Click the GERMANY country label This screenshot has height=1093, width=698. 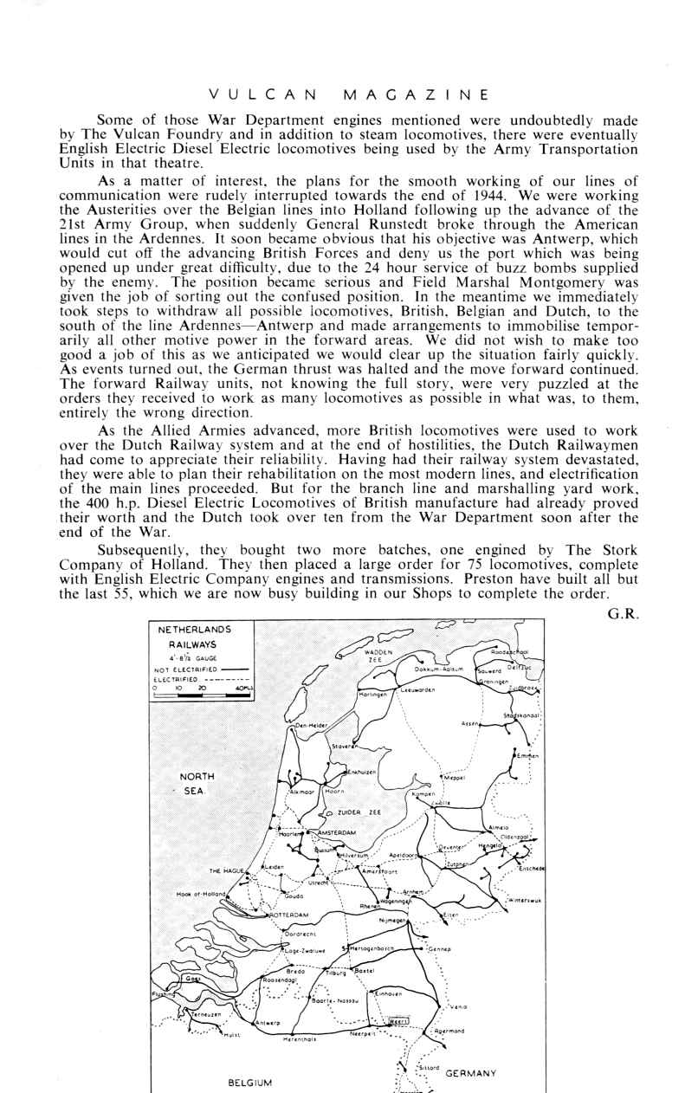pos(470,1073)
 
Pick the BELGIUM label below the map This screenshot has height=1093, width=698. pos(249,1083)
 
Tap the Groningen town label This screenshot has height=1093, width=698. pos(494,682)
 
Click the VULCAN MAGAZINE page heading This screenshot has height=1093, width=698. pos(349,94)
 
